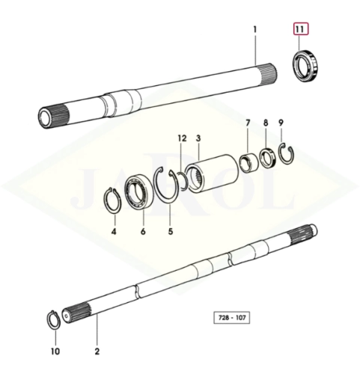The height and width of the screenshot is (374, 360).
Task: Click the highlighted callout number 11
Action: [301, 29]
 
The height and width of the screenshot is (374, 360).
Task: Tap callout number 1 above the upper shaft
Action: [254, 29]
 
